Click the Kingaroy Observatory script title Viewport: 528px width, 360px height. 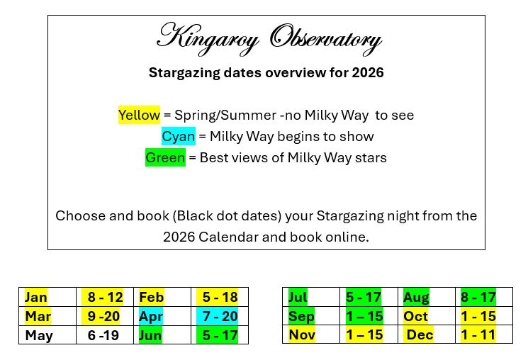click(x=269, y=38)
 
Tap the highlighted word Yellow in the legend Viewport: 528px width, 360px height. click(x=139, y=115)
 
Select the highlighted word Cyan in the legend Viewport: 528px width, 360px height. click(x=178, y=136)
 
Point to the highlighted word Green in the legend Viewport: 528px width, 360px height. click(x=165, y=157)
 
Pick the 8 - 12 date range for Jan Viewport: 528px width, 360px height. click(x=105, y=297)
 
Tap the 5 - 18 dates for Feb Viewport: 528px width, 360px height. click(x=220, y=297)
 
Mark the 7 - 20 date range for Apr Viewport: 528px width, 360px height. click(x=220, y=316)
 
